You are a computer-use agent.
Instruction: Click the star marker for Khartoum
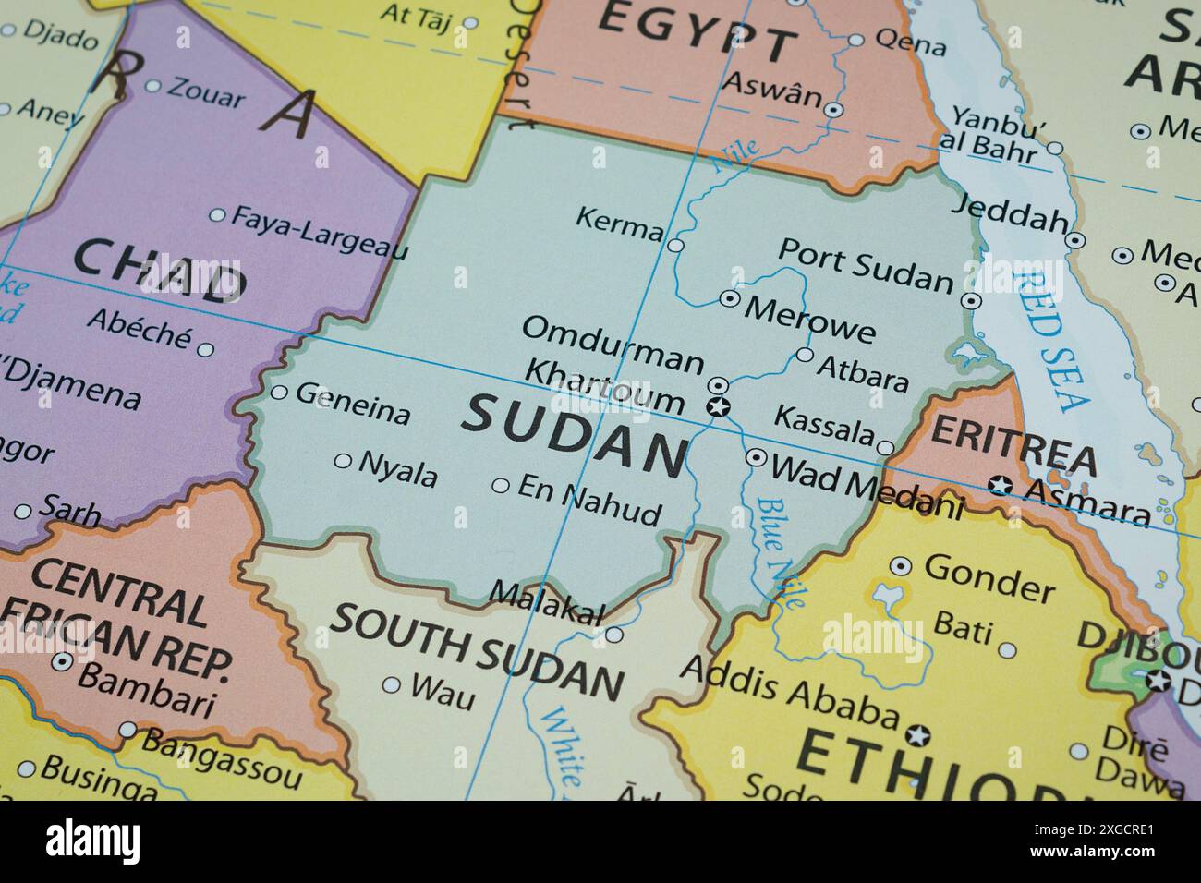pyautogui.click(x=717, y=406)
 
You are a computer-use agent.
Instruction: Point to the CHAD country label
pyautogui.click(x=157, y=270)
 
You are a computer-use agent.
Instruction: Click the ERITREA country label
pyautogui.click(x=1013, y=444)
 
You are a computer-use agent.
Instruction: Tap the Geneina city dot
pyautogui.click(x=279, y=393)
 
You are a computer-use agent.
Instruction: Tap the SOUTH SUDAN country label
pyautogui.click(x=477, y=649)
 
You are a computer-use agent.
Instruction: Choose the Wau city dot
pyautogui.click(x=392, y=685)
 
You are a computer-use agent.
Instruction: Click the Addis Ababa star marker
pyautogui.click(x=916, y=735)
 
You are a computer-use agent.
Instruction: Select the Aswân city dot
pyautogui.click(x=833, y=110)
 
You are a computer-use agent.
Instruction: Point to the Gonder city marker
pyautogui.click(x=901, y=566)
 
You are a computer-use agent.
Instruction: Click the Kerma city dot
pyautogui.click(x=675, y=246)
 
